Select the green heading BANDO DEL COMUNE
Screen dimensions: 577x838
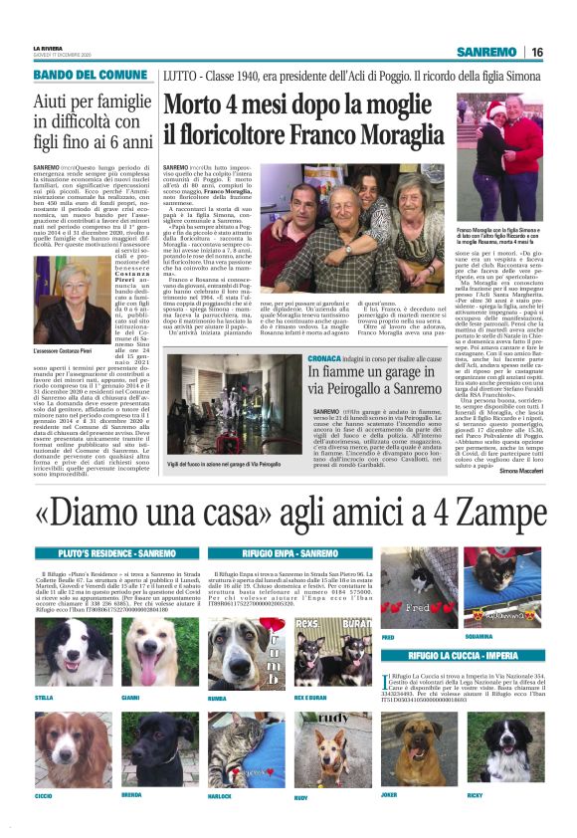91,75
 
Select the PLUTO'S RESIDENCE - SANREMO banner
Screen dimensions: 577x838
103,552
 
